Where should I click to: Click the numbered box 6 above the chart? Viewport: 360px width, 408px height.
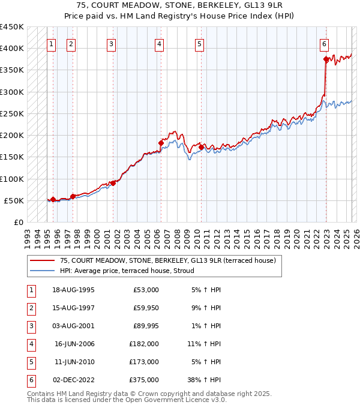(x=324, y=43)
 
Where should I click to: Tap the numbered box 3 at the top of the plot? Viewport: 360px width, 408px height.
(x=112, y=43)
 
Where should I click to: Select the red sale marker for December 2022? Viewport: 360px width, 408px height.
(x=326, y=59)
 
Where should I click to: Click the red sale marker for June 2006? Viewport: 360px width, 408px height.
(x=161, y=143)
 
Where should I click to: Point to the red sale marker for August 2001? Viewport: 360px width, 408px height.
(x=113, y=183)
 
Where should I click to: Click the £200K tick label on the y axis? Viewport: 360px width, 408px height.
(x=12, y=136)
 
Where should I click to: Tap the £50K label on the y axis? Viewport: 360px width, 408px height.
(x=14, y=200)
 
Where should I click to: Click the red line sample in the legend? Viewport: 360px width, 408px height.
(x=41, y=260)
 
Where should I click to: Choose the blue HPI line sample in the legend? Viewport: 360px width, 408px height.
(x=41, y=271)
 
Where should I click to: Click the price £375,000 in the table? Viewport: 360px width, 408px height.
(x=144, y=379)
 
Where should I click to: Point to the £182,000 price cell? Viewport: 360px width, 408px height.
(x=144, y=344)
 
